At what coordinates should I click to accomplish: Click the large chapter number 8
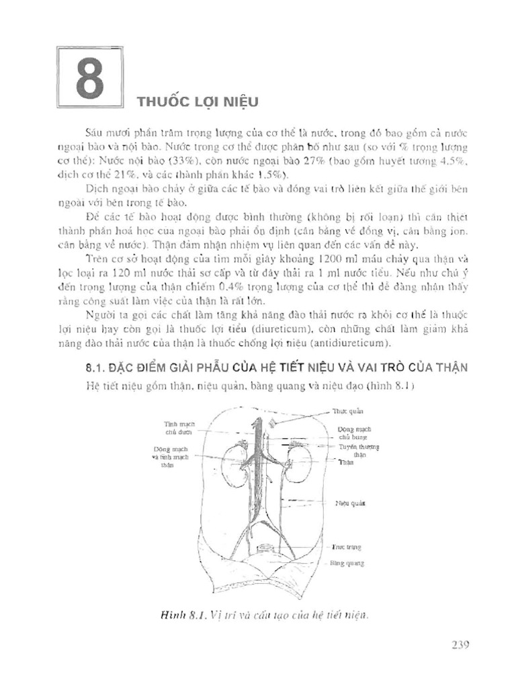pyautogui.click(x=89, y=79)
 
